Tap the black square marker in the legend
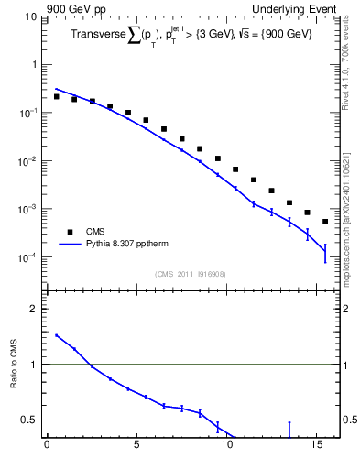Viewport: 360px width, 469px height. coord(70,232)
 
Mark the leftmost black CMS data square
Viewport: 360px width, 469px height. coord(56,96)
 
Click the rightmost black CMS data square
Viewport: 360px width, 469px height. coord(325,222)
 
